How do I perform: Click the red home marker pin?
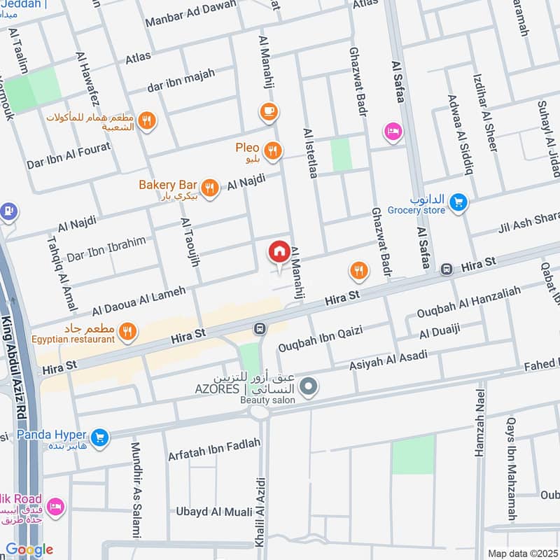point(279,252)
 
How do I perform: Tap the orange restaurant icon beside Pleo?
point(273,149)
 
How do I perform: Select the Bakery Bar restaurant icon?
point(208,188)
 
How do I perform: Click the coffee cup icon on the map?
point(268,111)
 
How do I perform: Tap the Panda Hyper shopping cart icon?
point(100,437)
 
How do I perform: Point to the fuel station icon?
point(8,210)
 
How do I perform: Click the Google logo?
point(29,549)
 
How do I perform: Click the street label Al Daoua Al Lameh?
point(139,300)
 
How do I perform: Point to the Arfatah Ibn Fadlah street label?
point(213,451)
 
